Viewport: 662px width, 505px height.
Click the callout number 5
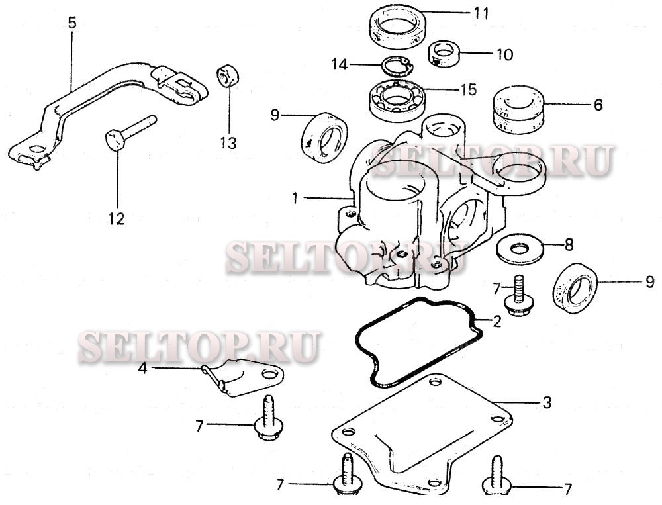coord(72,23)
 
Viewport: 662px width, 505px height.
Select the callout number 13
coord(228,143)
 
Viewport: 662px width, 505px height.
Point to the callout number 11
coord(481,13)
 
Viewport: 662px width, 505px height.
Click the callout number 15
coord(469,89)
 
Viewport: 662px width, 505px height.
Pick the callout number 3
coord(547,402)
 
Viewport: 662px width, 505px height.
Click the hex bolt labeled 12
coord(130,132)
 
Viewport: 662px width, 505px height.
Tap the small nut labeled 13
coord(228,75)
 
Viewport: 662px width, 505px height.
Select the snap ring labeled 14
coord(398,65)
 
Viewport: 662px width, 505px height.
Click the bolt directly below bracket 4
coord(269,418)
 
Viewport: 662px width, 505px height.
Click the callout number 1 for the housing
coord(295,198)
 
